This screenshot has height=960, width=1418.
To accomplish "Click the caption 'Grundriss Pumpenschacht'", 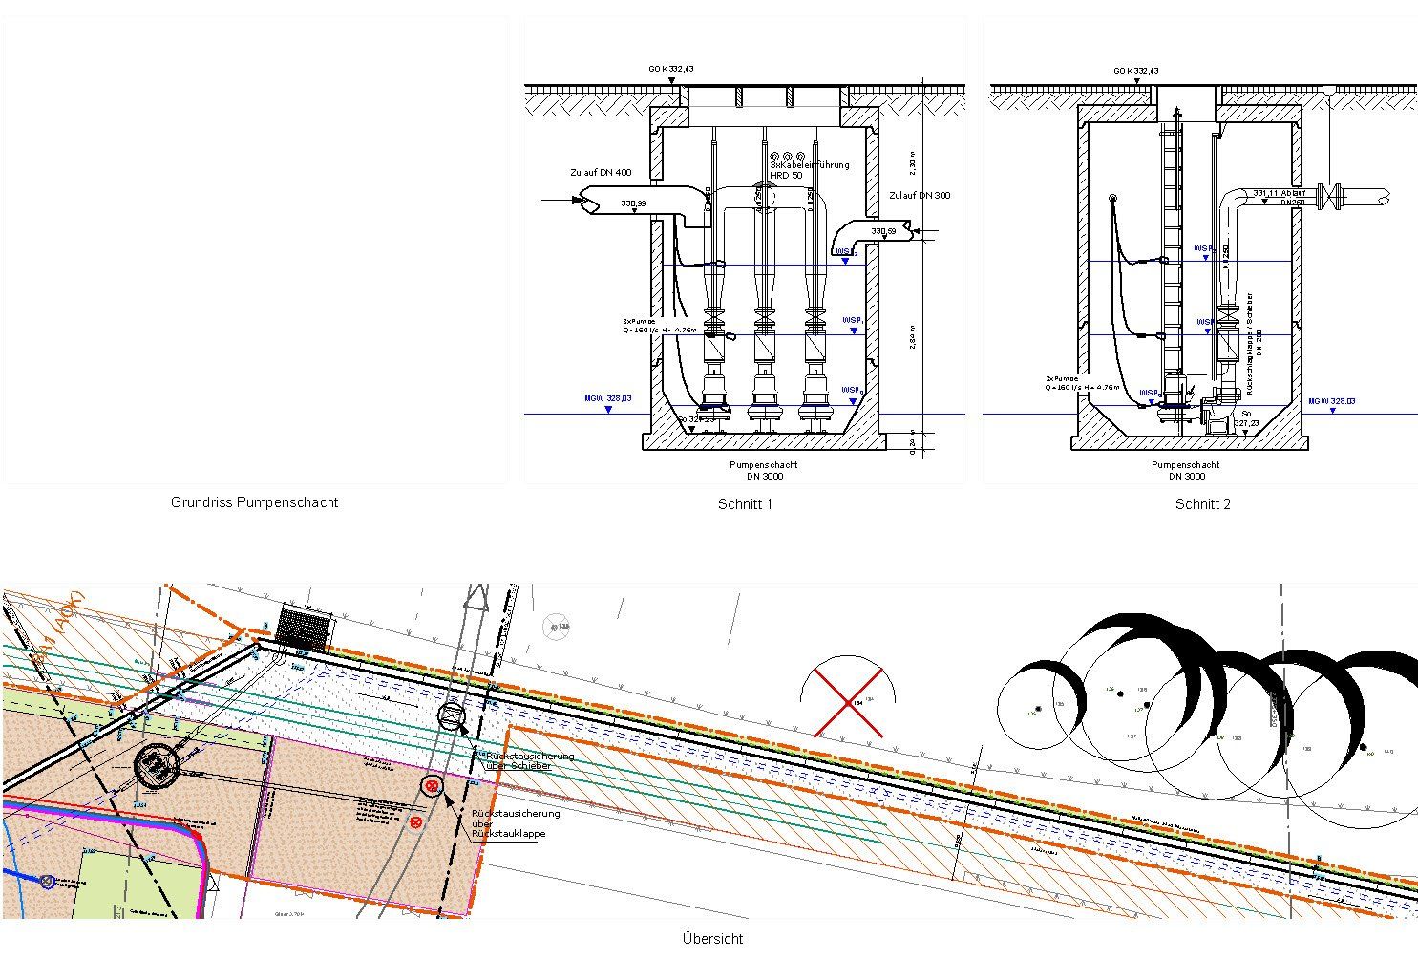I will coord(254,502).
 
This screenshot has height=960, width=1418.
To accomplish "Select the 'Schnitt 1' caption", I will coord(745,504).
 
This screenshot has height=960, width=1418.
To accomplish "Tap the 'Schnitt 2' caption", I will coord(1202,504).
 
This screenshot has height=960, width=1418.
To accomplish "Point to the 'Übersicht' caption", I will coord(712,938).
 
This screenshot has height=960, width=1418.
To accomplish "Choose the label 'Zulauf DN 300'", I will coord(919,196).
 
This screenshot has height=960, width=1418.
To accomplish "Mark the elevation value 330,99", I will coord(633,204).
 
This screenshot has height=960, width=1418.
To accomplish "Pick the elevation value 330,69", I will coord(883,232).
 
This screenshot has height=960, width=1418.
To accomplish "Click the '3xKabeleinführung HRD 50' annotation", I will coord(809,170).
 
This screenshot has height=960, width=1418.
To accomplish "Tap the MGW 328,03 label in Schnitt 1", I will coord(608,397).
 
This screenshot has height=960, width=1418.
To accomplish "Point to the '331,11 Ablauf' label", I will coord(1279,192).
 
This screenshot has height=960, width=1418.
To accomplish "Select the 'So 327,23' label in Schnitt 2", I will coord(1245,418).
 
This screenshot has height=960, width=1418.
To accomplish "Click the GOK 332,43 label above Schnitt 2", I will coord(1135,71).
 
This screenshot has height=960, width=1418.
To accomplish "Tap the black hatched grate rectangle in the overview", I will coord(304,629).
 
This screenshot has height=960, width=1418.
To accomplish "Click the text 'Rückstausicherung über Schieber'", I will coord(530,760).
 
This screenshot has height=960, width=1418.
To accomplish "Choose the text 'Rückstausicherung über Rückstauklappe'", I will coord(516,823).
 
